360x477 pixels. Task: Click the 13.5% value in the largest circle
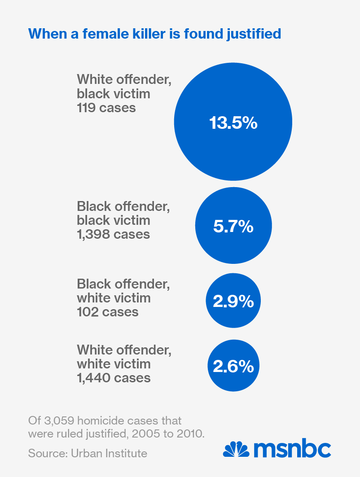tap(233, 123)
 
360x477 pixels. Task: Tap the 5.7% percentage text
tap(233, 227)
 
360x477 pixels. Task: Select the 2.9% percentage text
tap(233, 302)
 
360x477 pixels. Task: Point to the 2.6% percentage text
tap(233, 367)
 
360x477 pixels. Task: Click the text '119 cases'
tap(106, 108)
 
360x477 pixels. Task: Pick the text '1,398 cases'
tap(114, 234)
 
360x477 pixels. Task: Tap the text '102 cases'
tap(108, 312)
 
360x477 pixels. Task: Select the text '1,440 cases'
tap(114, 378)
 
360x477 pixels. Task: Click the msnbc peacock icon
tap(236, 449)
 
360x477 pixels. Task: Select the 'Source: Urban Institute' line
tap(88, 453)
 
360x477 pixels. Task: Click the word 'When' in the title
tap(43, 34)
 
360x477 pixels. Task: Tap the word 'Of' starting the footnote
tap(33, 421)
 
